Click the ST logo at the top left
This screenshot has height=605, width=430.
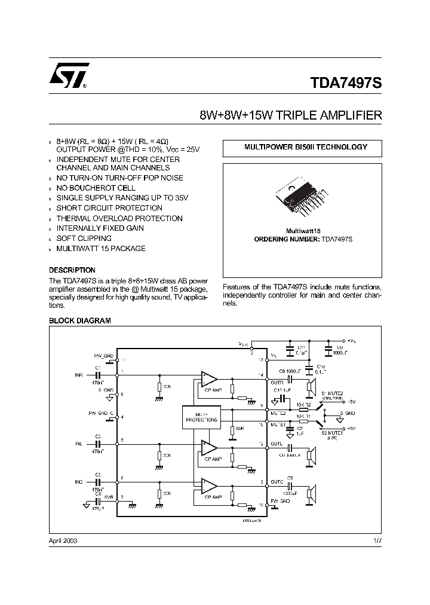69,76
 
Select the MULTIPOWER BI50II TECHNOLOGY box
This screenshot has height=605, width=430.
302,147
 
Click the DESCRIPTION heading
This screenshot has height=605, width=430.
72,270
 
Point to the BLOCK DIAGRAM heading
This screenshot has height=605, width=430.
79,321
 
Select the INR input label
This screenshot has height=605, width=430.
79,375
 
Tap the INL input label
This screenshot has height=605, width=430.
79,444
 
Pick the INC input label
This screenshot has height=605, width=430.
79,481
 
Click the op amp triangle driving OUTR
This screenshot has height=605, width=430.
209,378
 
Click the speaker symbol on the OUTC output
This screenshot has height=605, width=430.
310,493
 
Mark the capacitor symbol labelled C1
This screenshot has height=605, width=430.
98,375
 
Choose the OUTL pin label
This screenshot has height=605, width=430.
277,444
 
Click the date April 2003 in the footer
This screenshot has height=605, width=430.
63,540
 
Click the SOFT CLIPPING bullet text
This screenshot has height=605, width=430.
84,239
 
